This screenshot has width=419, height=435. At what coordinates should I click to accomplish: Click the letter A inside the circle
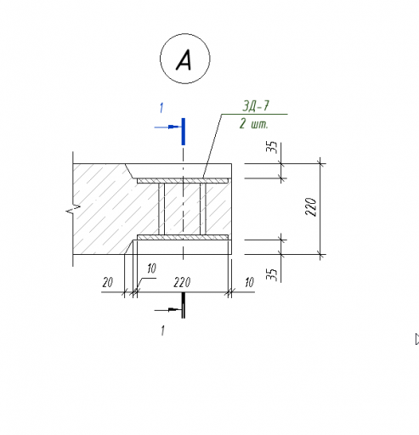coord(184,59)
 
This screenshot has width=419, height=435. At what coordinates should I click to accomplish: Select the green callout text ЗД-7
coord(256,106)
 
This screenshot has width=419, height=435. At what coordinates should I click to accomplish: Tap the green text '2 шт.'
coord(253,124)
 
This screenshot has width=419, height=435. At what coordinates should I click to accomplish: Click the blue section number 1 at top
coord(161,108)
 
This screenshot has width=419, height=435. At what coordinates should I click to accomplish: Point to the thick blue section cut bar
coord(184,132)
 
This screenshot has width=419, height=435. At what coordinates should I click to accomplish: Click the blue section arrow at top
coord(167,127)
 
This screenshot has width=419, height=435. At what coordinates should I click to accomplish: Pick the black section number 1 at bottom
coord(162,330)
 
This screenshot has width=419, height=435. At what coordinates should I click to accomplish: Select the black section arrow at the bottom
coord(167,310)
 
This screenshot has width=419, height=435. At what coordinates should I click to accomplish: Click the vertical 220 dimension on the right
coord(311,206)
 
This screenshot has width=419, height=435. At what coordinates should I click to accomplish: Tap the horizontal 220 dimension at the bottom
coord(182,282)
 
